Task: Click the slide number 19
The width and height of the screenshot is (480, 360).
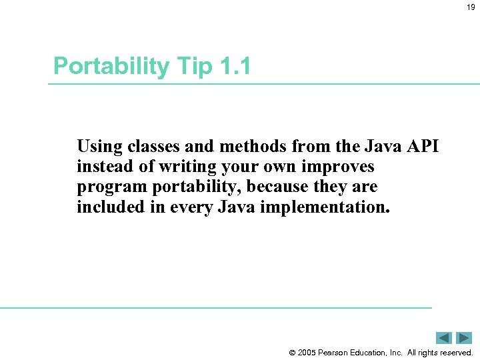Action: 470,7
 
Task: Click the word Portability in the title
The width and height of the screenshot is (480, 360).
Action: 111,67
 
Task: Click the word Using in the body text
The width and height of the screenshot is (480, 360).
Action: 97,146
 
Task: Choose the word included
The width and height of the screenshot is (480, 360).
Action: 106,207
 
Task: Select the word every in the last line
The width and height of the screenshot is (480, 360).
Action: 189,207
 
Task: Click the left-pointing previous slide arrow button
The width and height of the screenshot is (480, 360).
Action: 444,338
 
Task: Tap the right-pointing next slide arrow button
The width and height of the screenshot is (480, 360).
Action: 464,338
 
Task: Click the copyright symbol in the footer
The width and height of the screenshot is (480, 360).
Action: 291,353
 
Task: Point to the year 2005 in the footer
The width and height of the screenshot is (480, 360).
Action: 308,353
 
